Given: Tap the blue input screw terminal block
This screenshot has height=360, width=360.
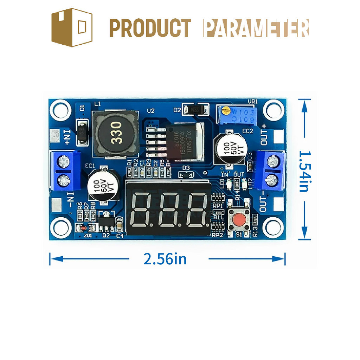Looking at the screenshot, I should point(65,171).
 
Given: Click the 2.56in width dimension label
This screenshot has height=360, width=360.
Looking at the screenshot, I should point(165,259).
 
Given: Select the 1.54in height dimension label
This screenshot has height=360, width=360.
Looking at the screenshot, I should point(304,171).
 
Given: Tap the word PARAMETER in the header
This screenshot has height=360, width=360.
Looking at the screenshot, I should point(256,28).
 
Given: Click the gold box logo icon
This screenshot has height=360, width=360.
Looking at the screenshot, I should point(72,27).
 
